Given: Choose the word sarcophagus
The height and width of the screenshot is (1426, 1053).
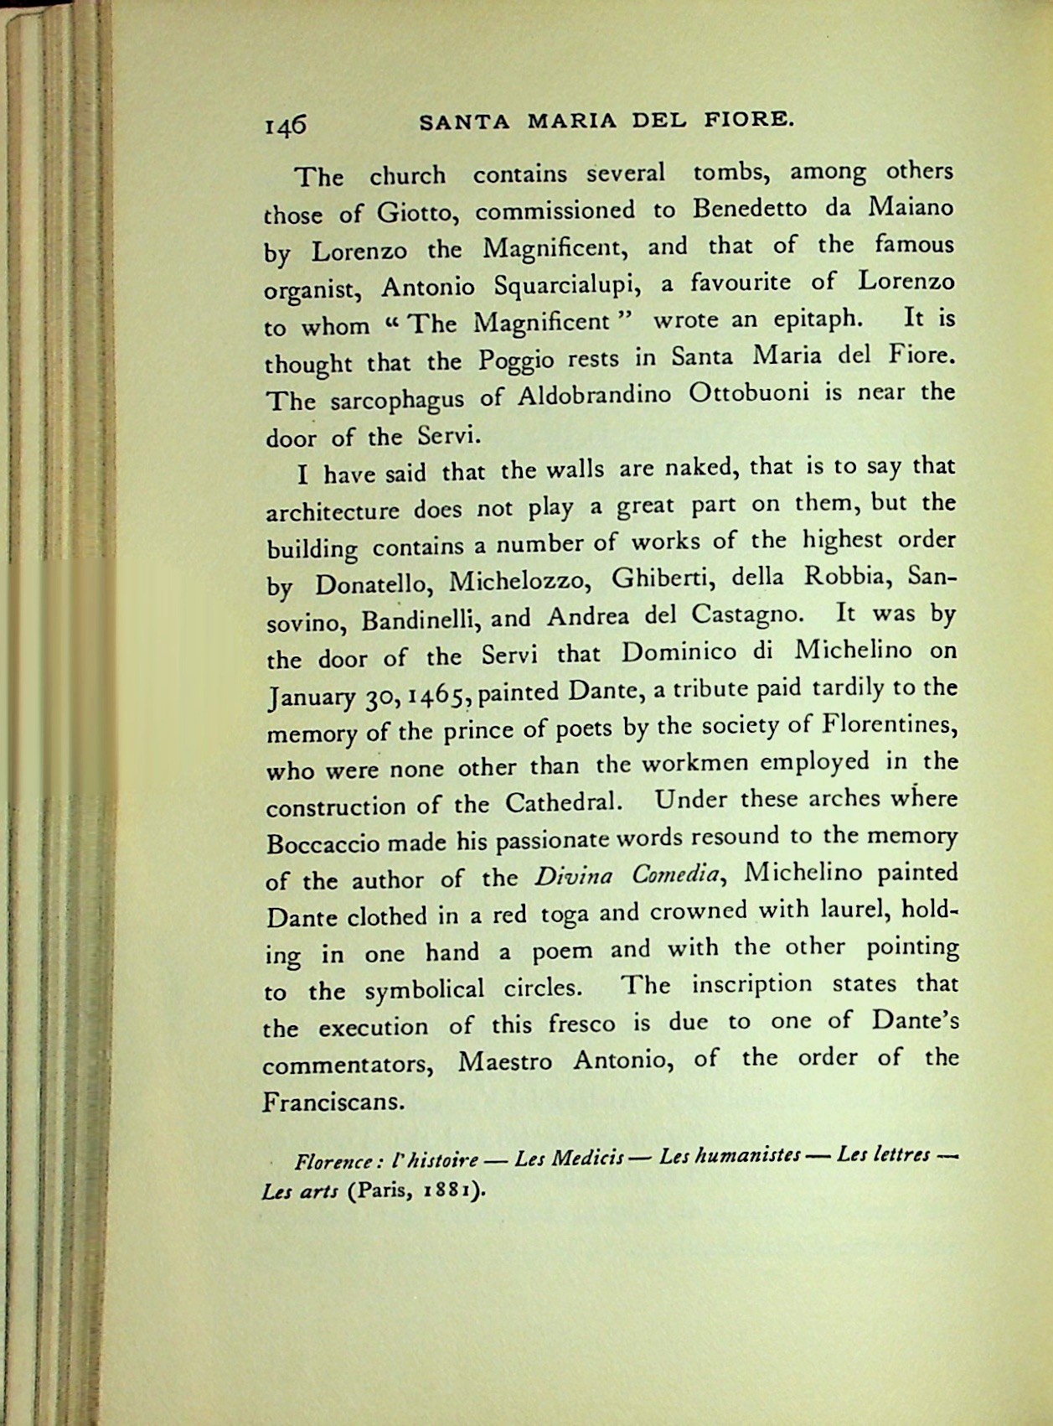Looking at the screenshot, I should [397, 399].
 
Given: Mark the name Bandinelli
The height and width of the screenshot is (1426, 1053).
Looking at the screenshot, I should [420, 620].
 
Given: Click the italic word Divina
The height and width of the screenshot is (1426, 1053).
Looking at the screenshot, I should [573, 877].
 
